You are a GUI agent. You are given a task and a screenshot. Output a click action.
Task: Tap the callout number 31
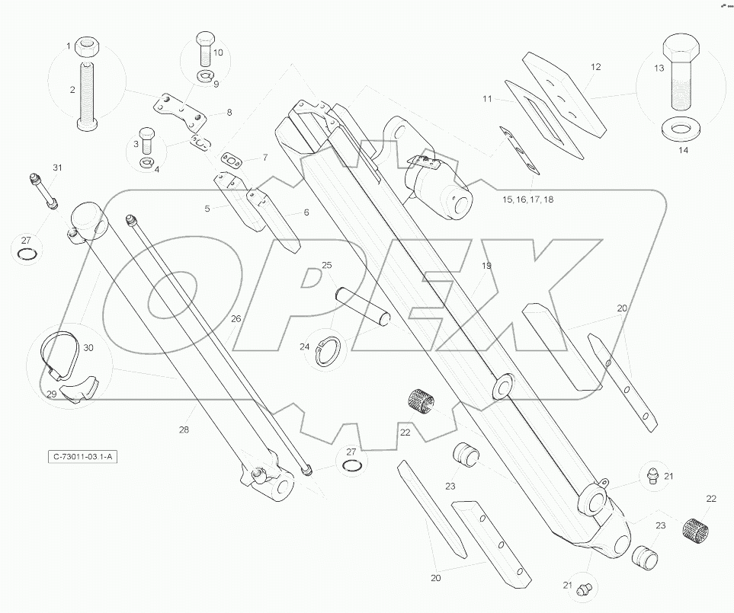tap(58, 168)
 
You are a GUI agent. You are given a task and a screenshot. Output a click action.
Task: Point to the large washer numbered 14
tap(682, 129)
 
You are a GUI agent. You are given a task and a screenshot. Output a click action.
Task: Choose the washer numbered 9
tap(207, 75)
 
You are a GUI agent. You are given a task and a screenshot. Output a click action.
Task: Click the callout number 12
tap(596, 67)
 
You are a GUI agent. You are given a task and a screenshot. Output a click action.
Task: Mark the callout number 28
tap(184, 430)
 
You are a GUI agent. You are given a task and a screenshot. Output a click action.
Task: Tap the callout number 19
tap(486, 266)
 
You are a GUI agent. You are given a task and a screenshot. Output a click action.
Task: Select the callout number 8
tap(229, 113)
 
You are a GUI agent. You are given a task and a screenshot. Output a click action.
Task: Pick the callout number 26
tap(236, 319)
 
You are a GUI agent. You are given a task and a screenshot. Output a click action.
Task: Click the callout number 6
tap(306, 212)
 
